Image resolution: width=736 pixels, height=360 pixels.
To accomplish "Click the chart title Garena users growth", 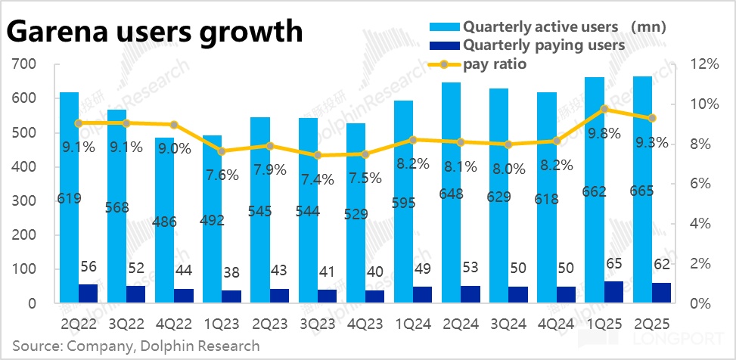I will (x=155, y=32).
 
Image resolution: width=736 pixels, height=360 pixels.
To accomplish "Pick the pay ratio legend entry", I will (x=495, y=64).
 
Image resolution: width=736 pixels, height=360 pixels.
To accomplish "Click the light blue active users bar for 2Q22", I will (x=69, y=227).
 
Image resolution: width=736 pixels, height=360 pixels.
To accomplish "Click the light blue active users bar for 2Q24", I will (x=452, y=219).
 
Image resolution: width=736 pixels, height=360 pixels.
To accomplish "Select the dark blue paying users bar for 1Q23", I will (x=213, y=296).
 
